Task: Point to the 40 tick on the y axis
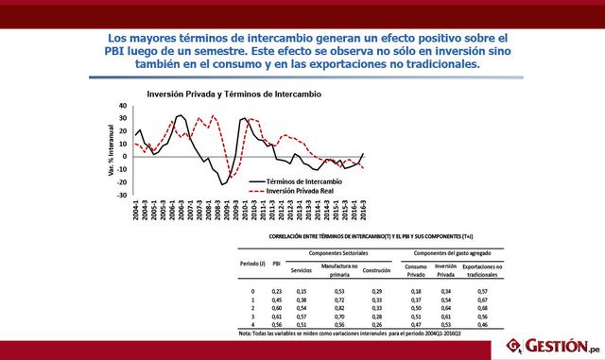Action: pos(124,106)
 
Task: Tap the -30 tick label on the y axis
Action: pos(122,196)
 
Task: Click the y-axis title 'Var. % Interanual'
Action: pos(112,151)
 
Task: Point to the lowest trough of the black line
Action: pos(223,184)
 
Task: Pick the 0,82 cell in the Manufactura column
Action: pos(337,308)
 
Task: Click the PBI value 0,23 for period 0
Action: pos(276,291)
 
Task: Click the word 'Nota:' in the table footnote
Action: pos(244,333)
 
